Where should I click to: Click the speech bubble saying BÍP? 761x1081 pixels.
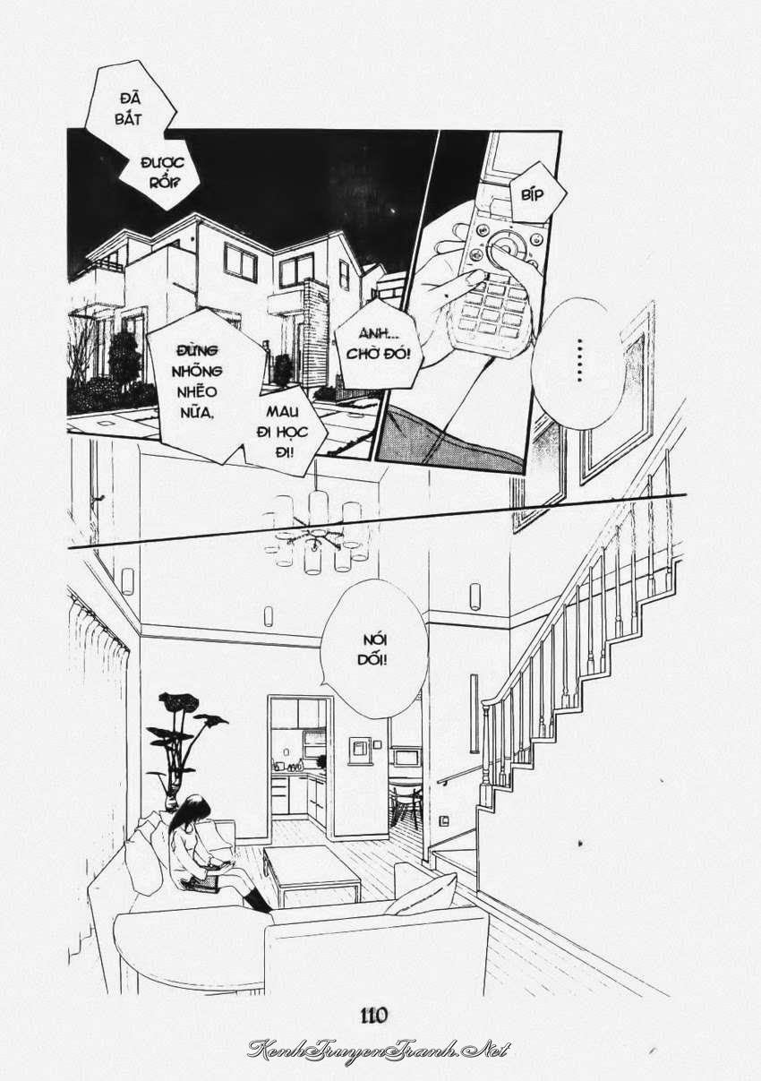(x=533, y=194)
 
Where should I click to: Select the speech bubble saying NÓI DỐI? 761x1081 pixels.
(x=373, y=651)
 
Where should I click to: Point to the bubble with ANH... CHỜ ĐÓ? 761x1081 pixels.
(x=378, y=347)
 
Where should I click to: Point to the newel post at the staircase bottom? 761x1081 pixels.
(x=487, y=753)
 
